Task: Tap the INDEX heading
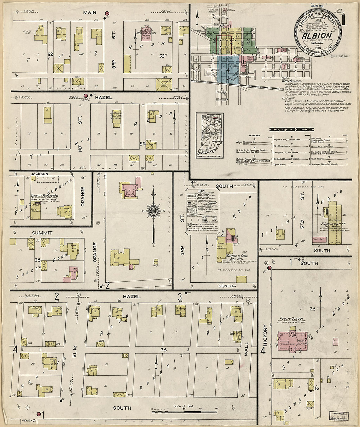(291, 130)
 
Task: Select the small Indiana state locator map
(209, 135)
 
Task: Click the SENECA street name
(227, 286)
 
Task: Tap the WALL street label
(246, 348)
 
